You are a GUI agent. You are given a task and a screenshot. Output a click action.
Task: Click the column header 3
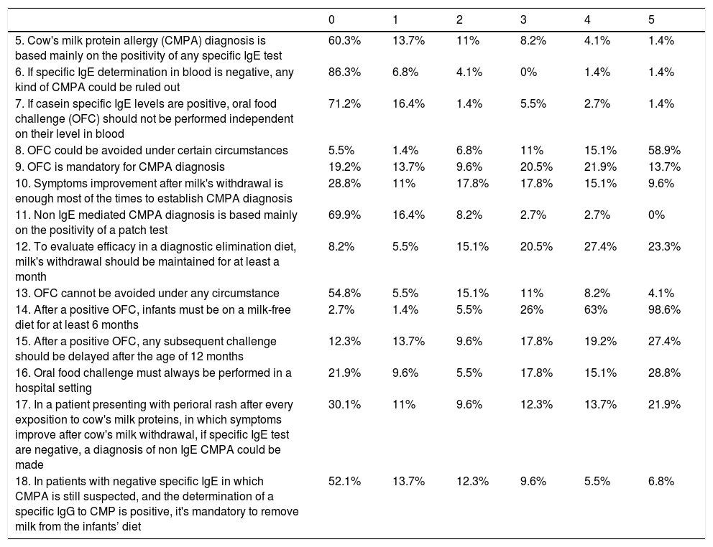coord(523,18)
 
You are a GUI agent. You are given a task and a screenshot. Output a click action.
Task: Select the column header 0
coord(331,18)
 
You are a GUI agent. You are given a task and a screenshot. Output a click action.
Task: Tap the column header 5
coord(651,18)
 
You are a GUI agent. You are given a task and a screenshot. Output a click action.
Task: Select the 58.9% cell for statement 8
coord(664,150)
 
